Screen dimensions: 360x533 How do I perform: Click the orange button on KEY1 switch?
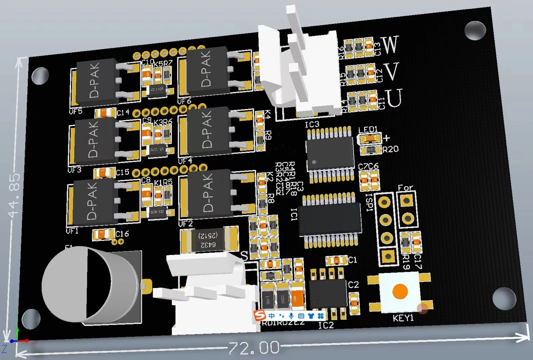point(400,291)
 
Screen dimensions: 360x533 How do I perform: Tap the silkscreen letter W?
point(390,44)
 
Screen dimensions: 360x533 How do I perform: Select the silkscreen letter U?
point(394,98)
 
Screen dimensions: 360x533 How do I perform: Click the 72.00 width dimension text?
point(254,348)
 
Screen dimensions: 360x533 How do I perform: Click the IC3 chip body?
point(330,155)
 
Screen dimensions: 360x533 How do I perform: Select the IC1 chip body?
point(330,219)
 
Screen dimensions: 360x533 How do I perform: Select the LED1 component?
point(369,138)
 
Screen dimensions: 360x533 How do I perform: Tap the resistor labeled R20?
point(371,150)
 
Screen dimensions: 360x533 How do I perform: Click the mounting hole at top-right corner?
point(475,30)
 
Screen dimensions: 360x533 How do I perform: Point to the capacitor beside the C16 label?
point(103,235)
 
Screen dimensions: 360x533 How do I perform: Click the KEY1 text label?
point(403,318)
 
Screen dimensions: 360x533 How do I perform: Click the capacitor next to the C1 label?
point(337,260)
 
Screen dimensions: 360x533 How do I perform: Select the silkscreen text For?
point(405,188)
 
